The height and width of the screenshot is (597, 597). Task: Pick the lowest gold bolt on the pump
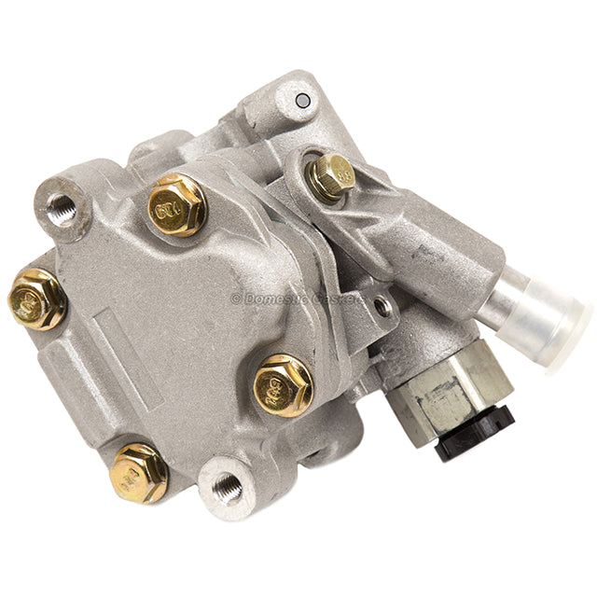coord(139,473)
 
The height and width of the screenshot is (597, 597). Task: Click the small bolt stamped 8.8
coord(331,175)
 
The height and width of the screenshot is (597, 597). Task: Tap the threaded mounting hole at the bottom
coord(226,485)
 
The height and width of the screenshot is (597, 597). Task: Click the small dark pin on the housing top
coord(300,100)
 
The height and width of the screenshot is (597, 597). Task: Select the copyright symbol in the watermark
coord(235,298)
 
